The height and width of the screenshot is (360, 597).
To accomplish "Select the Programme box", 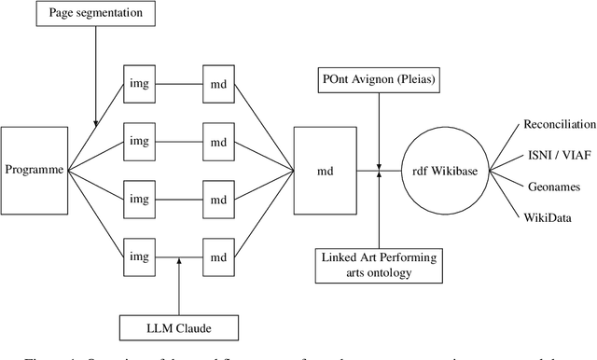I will [35, 169].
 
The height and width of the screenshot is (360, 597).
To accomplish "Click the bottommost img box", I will [139, 256].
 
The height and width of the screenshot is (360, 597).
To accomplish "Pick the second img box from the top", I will [139, 141].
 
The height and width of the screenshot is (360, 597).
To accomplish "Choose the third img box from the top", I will [139, 199].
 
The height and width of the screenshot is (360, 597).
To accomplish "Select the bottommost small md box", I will [218, 256].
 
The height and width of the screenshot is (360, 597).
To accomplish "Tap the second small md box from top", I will [218, 141].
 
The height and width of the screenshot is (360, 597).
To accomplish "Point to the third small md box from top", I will [218, 199].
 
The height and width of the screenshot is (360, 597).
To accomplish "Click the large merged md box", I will [324, 170].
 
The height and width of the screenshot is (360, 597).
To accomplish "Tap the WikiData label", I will [547, 219].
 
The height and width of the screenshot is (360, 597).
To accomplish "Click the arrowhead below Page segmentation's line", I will [96, 120].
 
